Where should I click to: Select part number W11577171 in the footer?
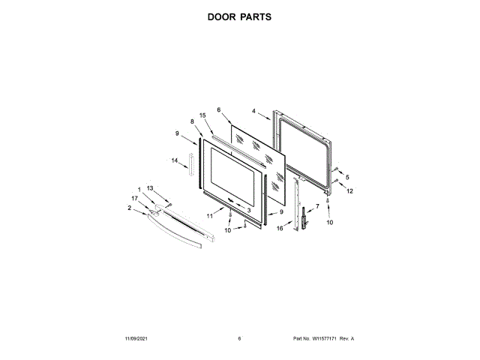point(323,339)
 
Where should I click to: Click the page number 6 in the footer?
point(239,339)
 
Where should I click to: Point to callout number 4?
point(254,112)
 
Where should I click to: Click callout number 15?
point(202,115)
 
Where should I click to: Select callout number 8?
point(192,121)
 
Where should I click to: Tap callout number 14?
point(175,160)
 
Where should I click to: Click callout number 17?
point(134,198)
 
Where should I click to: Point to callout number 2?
point(129,208)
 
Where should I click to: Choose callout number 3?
point(248,211)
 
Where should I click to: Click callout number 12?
point(349,190)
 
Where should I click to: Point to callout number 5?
point(347,177)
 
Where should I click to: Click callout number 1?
point(139,187)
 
